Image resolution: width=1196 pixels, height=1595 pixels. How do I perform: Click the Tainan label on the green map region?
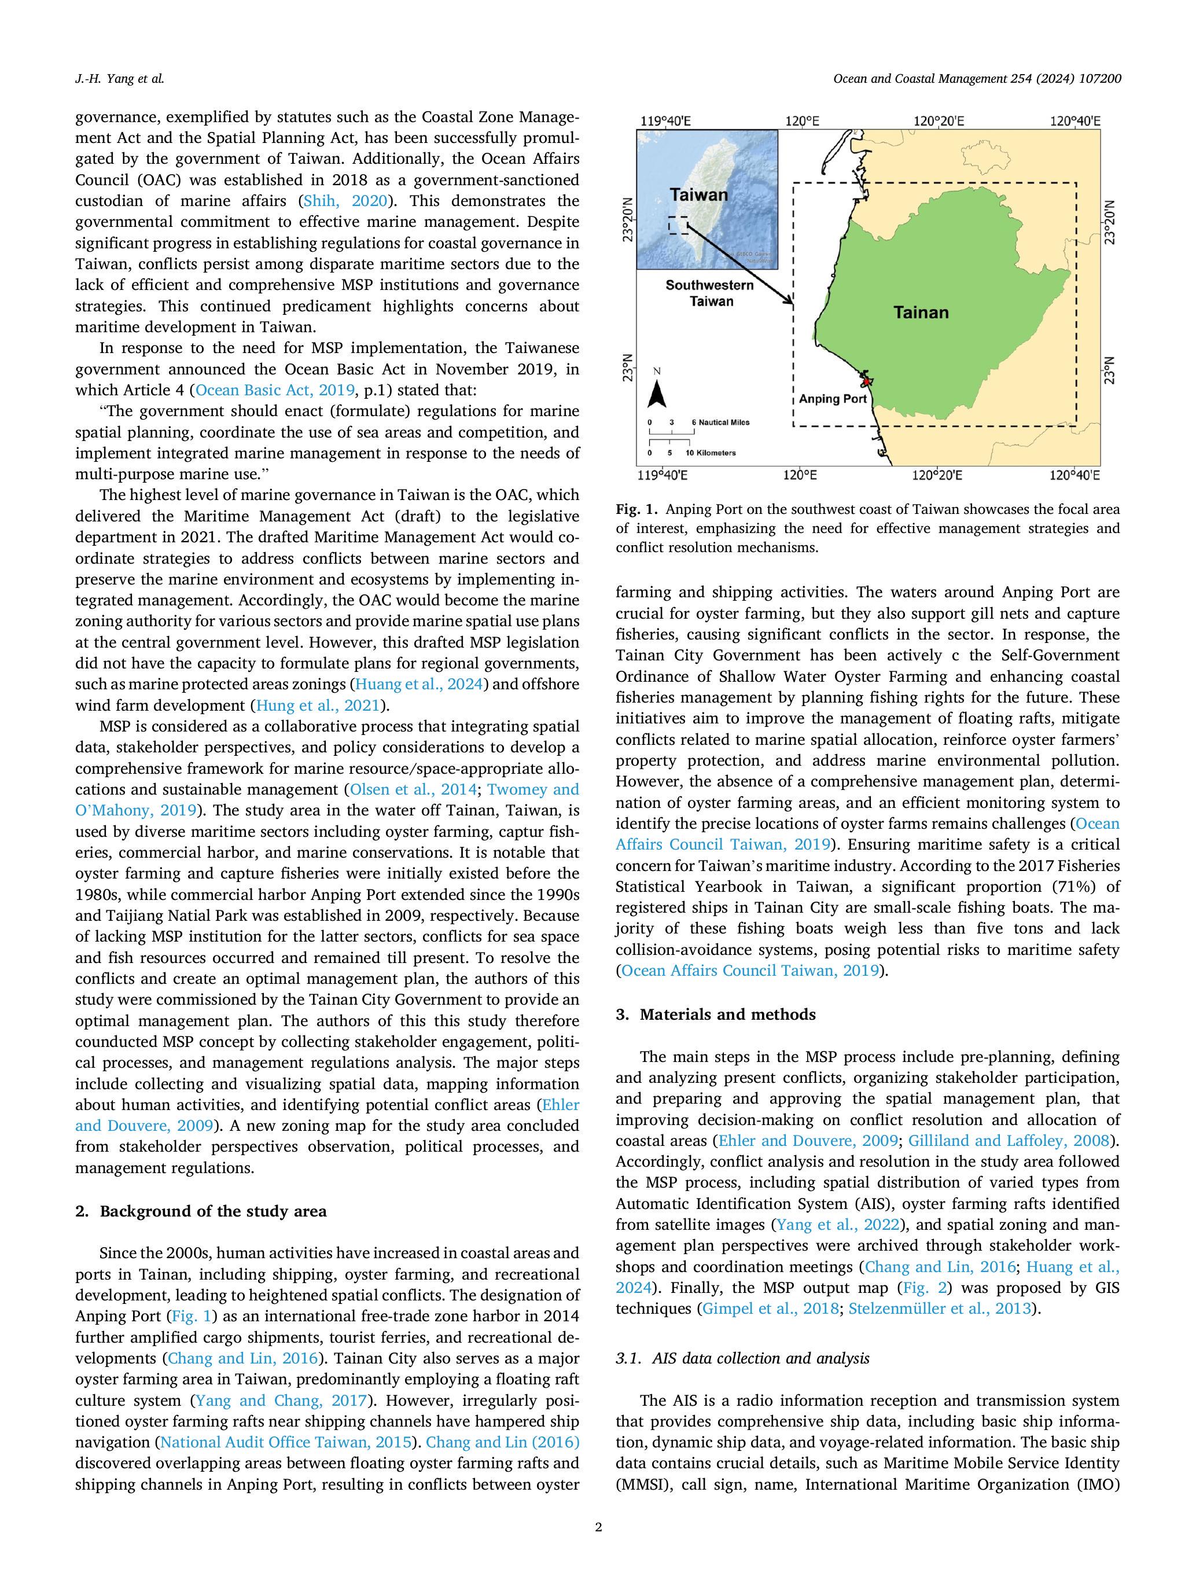pyautogui.click(x=921, y=312)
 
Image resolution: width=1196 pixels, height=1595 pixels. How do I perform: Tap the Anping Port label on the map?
pyautogui.click(x=833, y=399)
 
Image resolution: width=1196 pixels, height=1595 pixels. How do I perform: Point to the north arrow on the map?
pyautogui.click(x=657, y=393)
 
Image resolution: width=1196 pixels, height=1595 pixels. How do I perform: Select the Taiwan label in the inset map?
pyautogui.click(x=698, y=194)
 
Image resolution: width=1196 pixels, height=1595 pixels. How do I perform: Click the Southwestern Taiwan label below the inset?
pyautogui.click(x=709, y=293)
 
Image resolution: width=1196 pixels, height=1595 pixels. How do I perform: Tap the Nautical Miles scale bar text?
pyautogui.click(x=720, y=422)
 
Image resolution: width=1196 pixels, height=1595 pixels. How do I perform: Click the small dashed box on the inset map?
pyautogui.click(x=678, y=225)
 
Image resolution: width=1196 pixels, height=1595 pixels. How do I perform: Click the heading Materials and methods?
pyautogui.click(x=727, y=1015)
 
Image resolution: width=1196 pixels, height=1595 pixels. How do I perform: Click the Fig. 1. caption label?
pyautogui.click(x=636, y=510)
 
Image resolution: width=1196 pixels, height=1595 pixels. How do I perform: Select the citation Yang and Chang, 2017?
pyautogui.click(x=282, y=1401)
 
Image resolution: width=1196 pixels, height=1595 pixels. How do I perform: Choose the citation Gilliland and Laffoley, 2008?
pyautogui.click(x=1009, y=1141)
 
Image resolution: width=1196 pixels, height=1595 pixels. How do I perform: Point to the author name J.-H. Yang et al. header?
pyautogui.click(x=120, y=79)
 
